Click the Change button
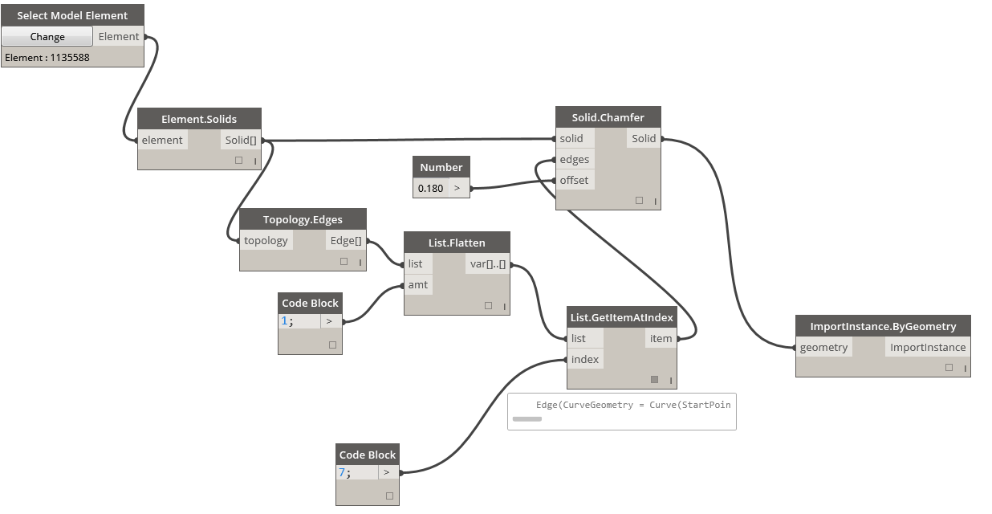pyautogui.click(x=47, y=36)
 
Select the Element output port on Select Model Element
pyautogui.click(x=119, y=36)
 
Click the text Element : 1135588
pyautogui.click(x=47, y=58)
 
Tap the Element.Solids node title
pyautogui.click(x=199, y=119)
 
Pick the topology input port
pyautogui.click(x=266, y=240)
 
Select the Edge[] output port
pyautogui.click(x=346, y=240)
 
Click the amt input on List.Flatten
pyautogui.click(x=418, y=284)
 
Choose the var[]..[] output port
pyautogui.click(x=486, y=263)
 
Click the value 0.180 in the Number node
pyautogui.click(x=430, y=188)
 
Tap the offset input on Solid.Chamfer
pyautogui.click(x=574, y=180)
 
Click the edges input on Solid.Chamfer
pyautogui.click(x=575, y=159)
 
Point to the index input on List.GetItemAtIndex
pyautogui.click(x=584, y=359)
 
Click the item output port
pyautogui.click(x=661, y=338)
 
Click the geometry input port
pyautogui.click(x=823, y=347)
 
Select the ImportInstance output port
pyautogui.click(x=927, y=347)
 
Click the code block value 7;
pyautogui.click(x=345, y=473)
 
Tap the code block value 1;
pyautogui.click(x=287, y=320)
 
